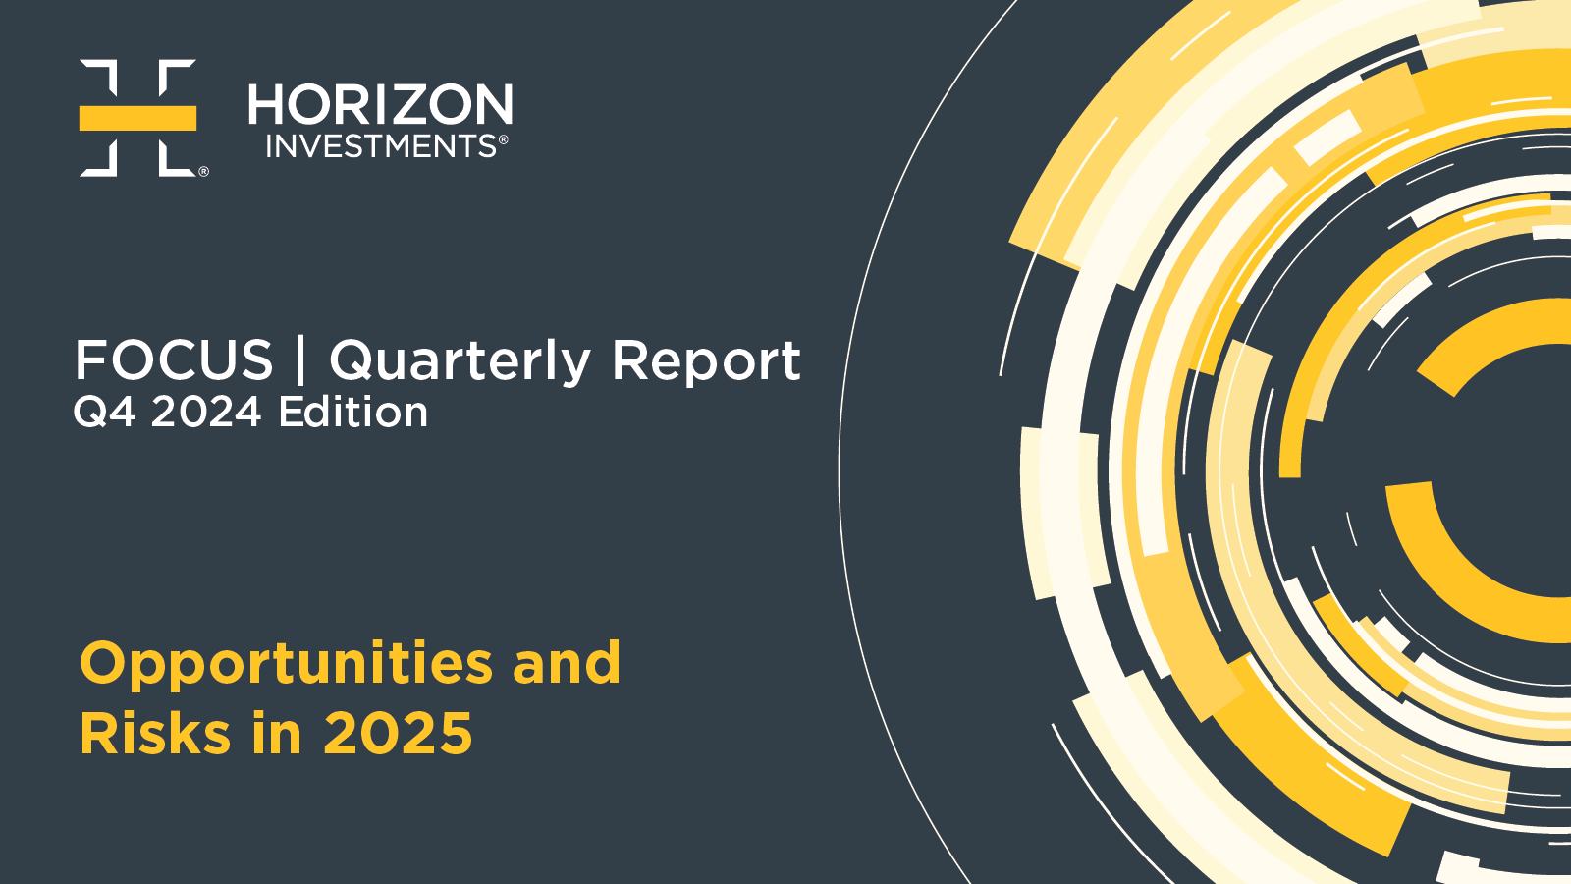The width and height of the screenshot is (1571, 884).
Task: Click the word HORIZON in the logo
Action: pos(380,104)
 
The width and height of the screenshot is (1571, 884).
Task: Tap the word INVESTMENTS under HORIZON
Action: pos(382,146)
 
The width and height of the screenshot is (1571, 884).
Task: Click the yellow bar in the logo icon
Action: pos(137,118)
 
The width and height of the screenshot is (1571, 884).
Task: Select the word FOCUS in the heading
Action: pos(173,359)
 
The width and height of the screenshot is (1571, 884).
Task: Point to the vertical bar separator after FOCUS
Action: pos(300,359)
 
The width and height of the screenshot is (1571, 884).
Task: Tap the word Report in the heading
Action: pos(706,362)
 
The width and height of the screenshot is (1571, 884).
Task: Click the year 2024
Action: pos(206,412)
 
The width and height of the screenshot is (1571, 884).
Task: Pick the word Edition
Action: pos(352,412)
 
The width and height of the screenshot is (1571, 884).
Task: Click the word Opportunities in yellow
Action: pos(286,665)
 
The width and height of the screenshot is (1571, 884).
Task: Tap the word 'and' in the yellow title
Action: pos(567,662)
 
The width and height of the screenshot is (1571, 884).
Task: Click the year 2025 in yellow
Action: pos(398,733)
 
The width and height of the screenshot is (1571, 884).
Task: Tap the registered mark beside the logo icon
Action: pos(203,171)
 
